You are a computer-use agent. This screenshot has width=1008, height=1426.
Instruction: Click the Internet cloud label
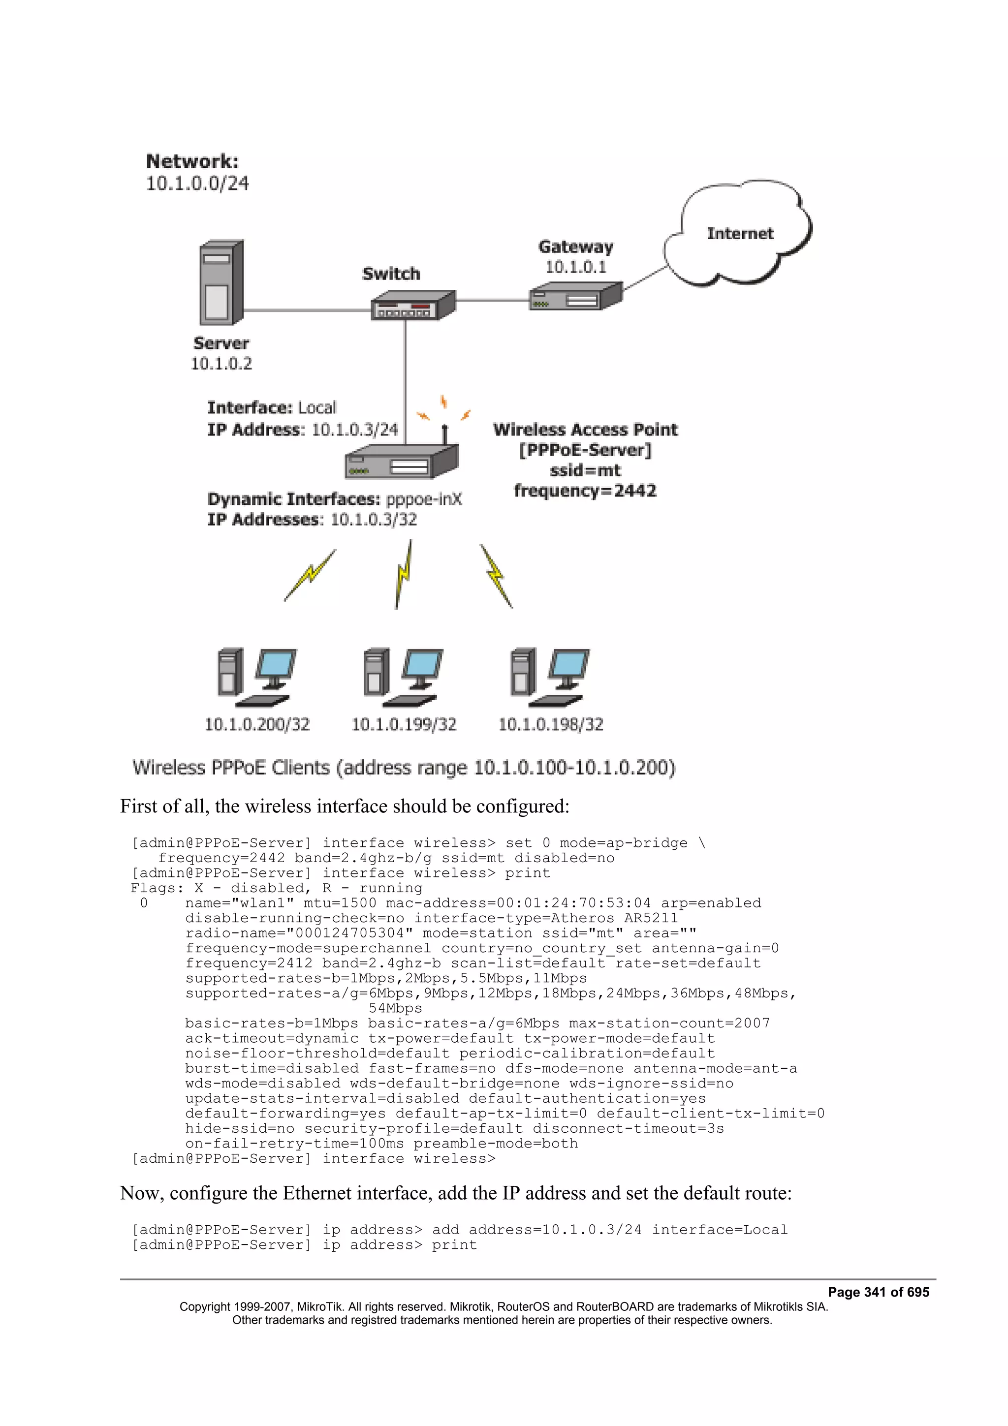point(740,234)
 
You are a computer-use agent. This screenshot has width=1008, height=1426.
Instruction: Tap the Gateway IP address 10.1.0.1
point(575,267)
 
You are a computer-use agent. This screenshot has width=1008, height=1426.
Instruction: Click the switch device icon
point(412,306)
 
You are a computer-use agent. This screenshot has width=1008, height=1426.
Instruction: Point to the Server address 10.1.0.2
point(221,363)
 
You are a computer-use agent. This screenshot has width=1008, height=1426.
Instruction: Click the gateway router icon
point(575,297)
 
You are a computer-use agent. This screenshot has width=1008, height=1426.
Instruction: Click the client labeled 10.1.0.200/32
point(257,724)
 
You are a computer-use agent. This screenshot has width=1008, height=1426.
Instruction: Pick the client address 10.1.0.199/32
point(404,724)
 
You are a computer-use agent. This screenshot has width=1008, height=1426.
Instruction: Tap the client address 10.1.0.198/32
point(550,724)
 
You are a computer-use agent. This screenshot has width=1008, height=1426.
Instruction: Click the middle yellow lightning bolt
point(404,575)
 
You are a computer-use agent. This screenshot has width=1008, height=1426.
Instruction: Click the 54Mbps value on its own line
point(395,1008)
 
